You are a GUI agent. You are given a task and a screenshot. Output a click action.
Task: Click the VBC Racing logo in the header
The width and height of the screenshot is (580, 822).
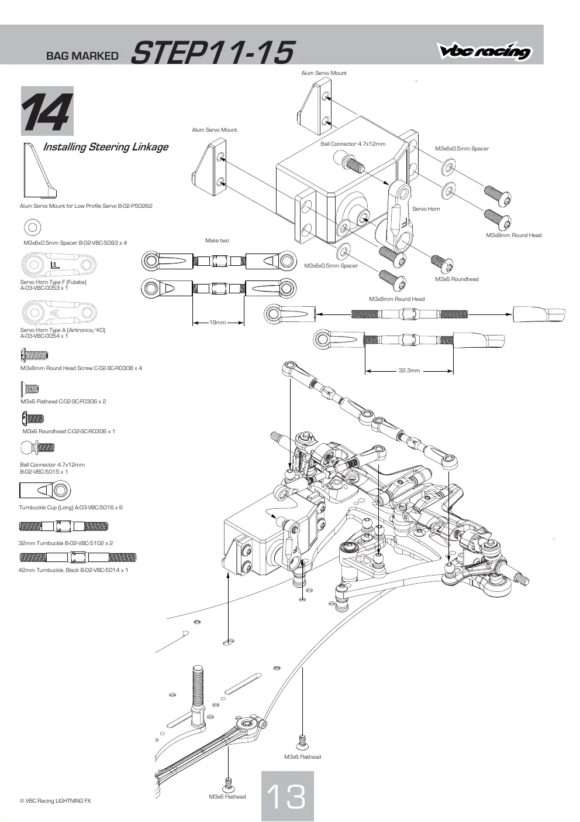[484, 50]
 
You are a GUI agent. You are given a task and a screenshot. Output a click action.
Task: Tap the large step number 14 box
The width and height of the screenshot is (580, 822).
[47, 111]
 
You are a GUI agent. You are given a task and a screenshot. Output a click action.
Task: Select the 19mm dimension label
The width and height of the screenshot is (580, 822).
[217, 323]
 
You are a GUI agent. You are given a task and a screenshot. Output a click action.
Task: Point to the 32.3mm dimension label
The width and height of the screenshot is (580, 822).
[409, 371]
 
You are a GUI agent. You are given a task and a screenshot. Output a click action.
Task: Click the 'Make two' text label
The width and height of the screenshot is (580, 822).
[217, 241]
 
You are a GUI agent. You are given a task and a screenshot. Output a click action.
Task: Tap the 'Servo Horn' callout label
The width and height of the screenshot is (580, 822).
[426, 209]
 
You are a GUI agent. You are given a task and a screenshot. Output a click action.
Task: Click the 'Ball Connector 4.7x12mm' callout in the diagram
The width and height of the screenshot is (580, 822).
[353, 144]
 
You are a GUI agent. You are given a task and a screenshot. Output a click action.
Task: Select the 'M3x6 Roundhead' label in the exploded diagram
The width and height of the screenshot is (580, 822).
[457, 279]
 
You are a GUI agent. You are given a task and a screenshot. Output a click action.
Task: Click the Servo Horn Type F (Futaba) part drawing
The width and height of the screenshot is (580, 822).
[58, 264]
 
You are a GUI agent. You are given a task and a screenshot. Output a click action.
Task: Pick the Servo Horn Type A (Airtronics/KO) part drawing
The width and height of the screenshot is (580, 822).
[59, 313]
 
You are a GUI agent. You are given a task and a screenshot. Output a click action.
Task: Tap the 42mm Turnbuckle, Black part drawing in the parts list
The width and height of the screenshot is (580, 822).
[78, 557]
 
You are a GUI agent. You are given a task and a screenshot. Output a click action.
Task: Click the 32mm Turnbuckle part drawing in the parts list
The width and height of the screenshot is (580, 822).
[64, 526]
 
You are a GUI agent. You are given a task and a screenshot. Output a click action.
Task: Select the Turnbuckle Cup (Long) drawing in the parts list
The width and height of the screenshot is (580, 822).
[45, 491]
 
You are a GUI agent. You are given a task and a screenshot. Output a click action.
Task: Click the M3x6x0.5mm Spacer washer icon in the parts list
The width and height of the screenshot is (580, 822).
[32, 227]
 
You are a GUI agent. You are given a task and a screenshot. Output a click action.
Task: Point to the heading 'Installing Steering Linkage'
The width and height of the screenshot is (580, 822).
[106, 147]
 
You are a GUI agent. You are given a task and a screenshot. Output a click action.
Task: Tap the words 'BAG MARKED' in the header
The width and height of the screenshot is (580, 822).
[82, 56]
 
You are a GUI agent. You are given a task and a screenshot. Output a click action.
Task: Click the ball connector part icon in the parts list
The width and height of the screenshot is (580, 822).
[37, 447]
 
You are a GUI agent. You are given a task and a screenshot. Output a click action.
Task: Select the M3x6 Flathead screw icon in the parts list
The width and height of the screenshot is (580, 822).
[30, 388]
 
